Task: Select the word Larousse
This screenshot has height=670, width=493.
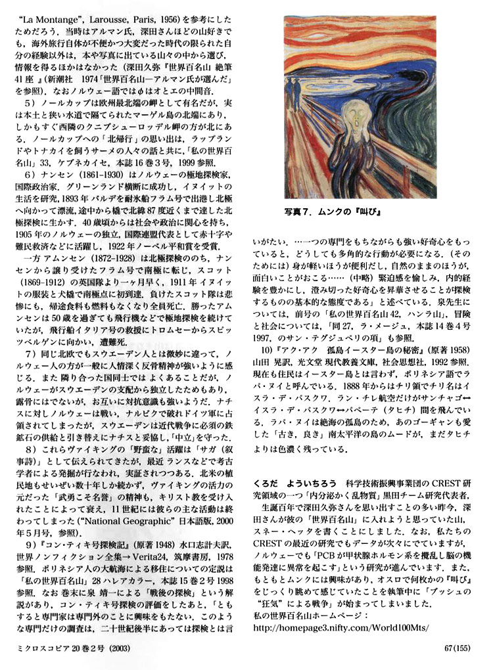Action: [96, 11]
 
